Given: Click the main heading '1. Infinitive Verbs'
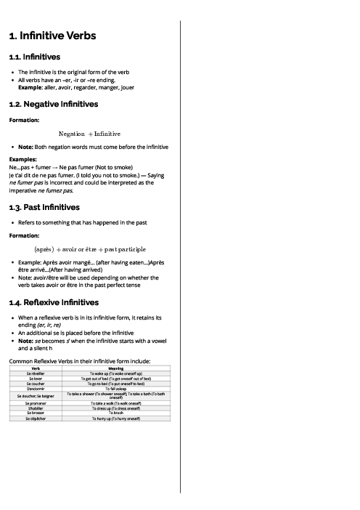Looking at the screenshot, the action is point(52,36).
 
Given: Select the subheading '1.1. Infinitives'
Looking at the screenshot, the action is point(34,57).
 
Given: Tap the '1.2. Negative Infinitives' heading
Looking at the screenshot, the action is point(53,105).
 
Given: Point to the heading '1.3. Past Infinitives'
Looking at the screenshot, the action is point(44,207).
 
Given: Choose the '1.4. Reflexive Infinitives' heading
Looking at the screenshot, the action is point(54,302).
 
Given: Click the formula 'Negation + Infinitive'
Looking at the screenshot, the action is point(89,134).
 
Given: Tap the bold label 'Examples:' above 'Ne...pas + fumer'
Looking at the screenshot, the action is point(23,158).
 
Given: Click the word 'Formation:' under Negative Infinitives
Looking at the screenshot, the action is point(25,120).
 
